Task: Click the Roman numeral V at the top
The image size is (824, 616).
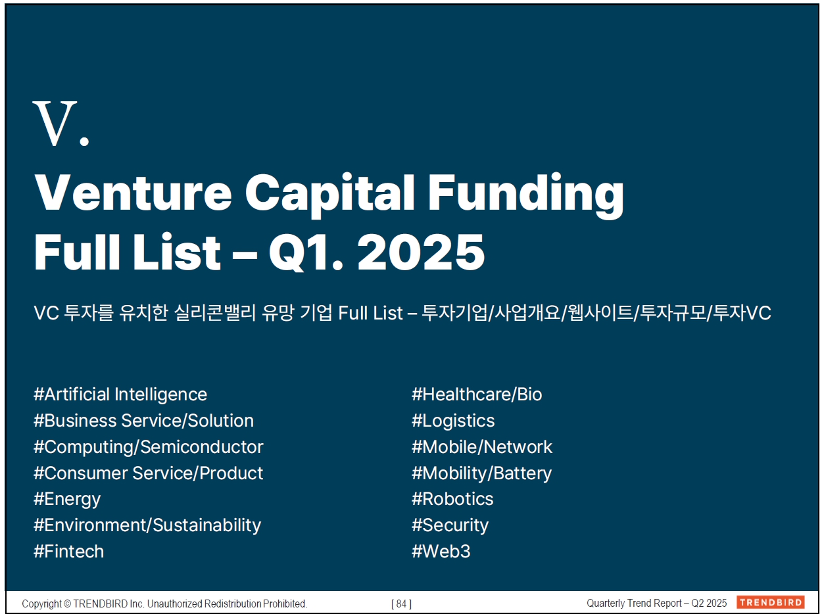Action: click(55, 124)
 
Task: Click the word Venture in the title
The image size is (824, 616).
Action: click(133, 193)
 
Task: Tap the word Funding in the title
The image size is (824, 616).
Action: click(526, 196)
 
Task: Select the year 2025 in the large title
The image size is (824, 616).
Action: click(421, 252)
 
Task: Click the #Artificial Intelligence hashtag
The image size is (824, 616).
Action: click(120, 394)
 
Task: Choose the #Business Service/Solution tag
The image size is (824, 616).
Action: click(143, 421)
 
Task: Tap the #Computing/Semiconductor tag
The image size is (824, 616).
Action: click(148, 447)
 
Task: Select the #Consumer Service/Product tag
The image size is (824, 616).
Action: click(148, 473)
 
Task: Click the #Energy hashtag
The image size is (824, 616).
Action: click(67, 500)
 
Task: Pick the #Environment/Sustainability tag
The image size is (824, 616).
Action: click(147, 525)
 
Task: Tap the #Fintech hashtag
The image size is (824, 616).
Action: click(68, 552)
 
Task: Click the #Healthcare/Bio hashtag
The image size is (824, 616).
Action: click(477, 394)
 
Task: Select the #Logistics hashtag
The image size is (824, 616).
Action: click(453, 421)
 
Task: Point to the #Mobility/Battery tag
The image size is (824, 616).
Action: click(481, 473)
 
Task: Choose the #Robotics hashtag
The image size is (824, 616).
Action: click(452, 499)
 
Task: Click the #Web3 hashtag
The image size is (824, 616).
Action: click(441, 552)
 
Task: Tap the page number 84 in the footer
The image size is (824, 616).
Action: click(401, 604)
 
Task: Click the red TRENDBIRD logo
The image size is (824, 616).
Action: click(770, 602)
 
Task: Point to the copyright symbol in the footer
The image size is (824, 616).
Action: click(68, 604)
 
